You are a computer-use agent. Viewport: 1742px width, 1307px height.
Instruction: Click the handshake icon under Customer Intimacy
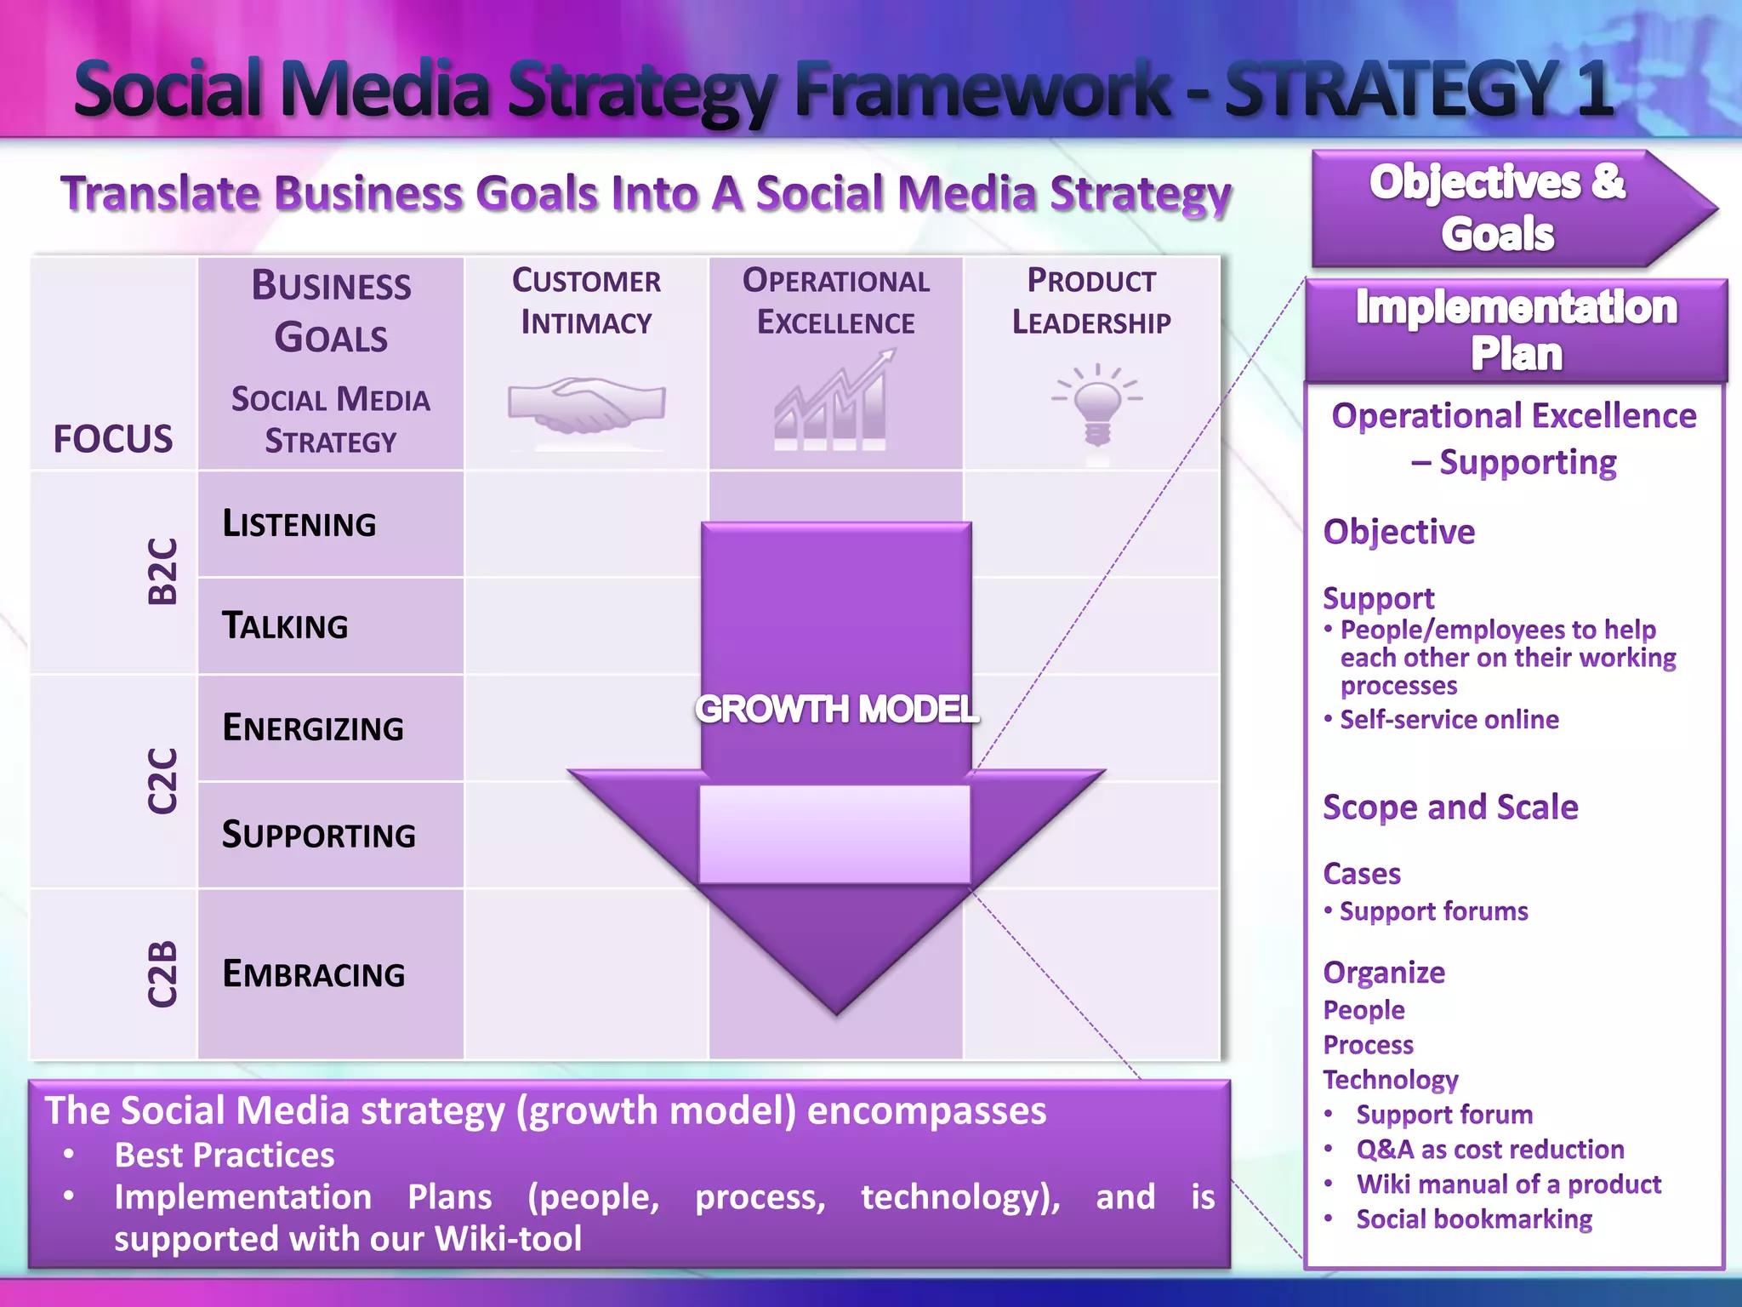click(586, 406)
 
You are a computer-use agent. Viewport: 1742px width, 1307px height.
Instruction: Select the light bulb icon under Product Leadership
click(1097, 405)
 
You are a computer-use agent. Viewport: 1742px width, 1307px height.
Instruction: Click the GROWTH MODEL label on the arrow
click(836, 709)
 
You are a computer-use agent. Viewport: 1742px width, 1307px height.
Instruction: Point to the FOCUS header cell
click(112, 439)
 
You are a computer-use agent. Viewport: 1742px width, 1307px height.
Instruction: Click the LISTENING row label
click(299, 523)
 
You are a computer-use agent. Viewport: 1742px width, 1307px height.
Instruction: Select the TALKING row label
click(285, 625)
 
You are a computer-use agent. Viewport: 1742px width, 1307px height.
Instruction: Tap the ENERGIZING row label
click(313, 728)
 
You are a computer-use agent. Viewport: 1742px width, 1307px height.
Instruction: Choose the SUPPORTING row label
click(319, 835)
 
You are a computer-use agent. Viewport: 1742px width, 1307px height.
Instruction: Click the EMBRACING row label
click(314, 973)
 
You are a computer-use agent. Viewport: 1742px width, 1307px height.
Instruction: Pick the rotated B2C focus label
click(162, 571)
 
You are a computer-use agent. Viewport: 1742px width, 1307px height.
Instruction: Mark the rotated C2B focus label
click(162, 973)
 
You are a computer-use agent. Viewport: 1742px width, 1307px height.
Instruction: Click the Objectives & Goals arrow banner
click(1497, 208)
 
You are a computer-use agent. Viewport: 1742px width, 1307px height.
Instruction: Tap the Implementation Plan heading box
click(1516, 330)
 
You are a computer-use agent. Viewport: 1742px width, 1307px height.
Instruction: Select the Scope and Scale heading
click(1450, 807)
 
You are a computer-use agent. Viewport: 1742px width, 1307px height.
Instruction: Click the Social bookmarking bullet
click(1473, 1219)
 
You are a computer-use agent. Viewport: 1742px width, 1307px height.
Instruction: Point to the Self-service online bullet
click(1449, 719)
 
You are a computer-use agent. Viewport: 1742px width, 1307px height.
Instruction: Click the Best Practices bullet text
click(225, 1155)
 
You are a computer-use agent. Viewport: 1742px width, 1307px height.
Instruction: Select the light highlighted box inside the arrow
click(834, 834)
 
